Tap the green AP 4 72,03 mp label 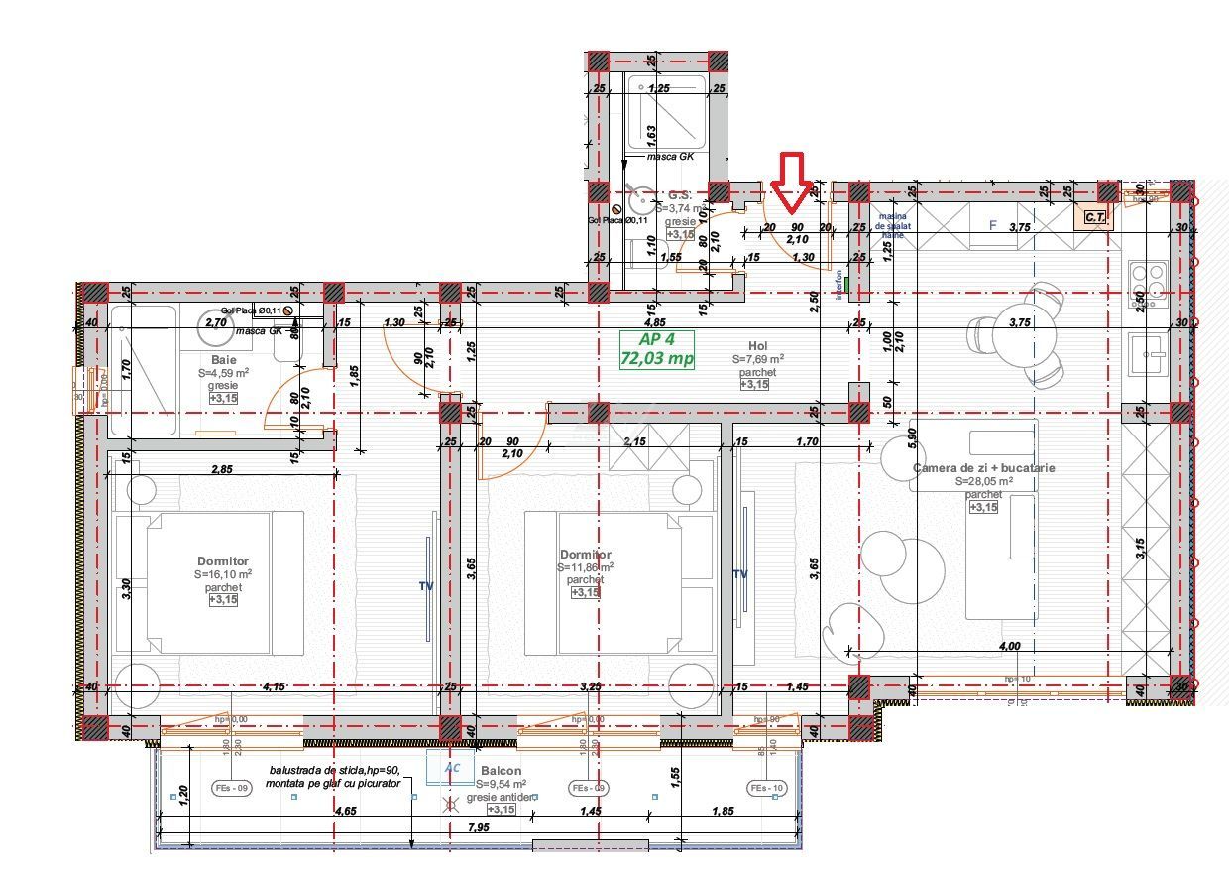pos(657,349)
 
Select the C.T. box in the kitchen pos(1094,216)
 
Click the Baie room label pos(224,359)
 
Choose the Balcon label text pos(502,770)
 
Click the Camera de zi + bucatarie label pos(984,467)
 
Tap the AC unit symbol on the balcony pos(452,767)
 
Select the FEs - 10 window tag pos(768,788)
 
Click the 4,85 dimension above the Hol pos(654,322)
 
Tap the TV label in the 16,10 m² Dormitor pos(425,586)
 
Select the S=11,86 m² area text pos(585,567)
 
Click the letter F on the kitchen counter pos(993,225)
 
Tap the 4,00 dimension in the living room pos(1009,646)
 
